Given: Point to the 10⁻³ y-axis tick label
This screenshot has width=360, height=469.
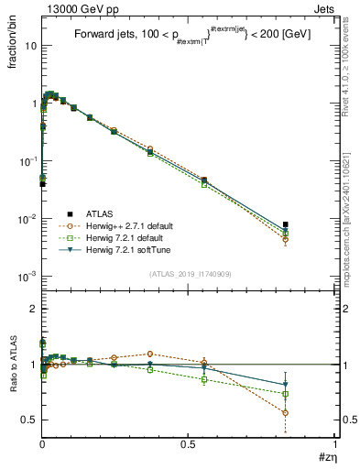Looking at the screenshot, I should (x=27, y=276).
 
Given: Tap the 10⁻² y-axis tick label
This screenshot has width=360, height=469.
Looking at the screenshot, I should (x=27, y=218).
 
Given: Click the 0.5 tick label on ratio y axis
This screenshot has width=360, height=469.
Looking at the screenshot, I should (x=30, y=420).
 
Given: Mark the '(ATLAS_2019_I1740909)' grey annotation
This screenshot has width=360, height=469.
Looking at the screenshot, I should (x=190, y=275).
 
